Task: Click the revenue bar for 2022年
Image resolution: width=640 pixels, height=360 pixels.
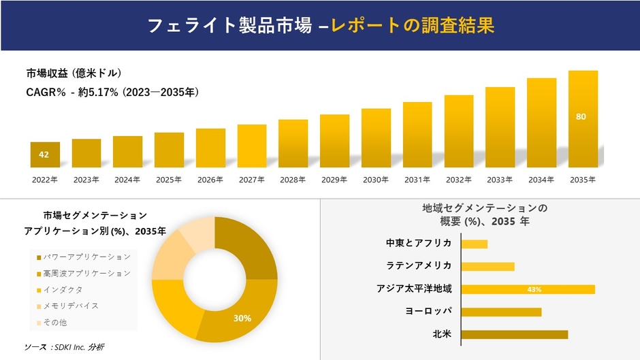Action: tap(45, 155)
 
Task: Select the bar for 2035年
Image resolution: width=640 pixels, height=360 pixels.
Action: tap(583, 120)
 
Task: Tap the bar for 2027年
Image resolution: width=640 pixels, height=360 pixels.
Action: tap(252, 146)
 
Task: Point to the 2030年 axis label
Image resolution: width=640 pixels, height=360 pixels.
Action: tap(376, 180)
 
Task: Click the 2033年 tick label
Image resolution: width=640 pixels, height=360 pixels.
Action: tap(500, 180)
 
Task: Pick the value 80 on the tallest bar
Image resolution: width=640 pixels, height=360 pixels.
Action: tap(581, 116)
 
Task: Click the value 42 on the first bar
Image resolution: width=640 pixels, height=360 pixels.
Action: tap(44, 154)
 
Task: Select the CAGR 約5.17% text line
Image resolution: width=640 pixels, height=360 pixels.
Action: tap(112, 91)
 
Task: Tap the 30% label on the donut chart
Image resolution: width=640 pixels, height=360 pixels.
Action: tap(242, 318)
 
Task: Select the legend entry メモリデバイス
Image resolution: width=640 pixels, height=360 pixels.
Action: tap(70, 306)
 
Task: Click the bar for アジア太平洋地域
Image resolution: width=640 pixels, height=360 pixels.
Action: tap(528, 289)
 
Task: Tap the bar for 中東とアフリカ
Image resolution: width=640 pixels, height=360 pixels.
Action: tap(474, 244)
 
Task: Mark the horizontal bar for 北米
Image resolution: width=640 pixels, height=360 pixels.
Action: tap(514, 334)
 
